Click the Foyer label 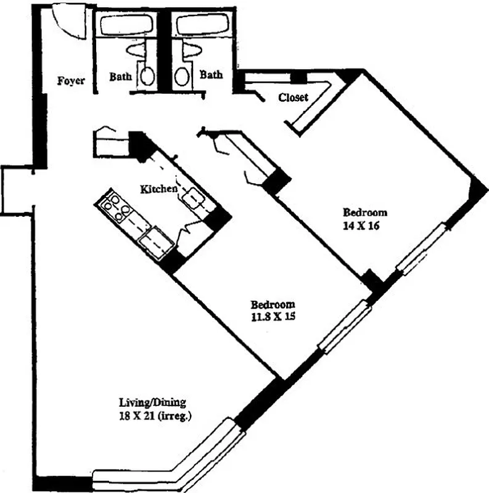71,81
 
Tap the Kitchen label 159,189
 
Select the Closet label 293,97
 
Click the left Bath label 120,77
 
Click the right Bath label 211,75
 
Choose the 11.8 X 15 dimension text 273,318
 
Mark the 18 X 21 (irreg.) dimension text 156,417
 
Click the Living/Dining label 152,404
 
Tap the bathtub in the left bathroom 126,26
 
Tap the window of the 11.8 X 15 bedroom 345,327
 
